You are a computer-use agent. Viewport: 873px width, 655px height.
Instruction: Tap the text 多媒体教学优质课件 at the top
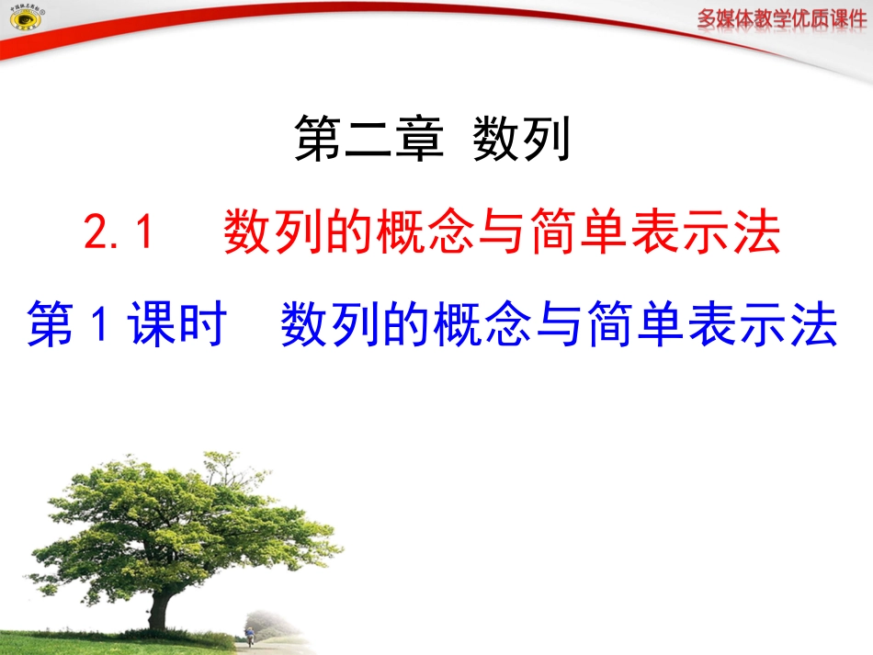[781, 19]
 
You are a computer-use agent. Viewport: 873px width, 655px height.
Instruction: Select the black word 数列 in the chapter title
[522, 141]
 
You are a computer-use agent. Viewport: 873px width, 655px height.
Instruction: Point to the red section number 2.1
[117, 233]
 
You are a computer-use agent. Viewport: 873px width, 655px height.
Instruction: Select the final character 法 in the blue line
[815, 327]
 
